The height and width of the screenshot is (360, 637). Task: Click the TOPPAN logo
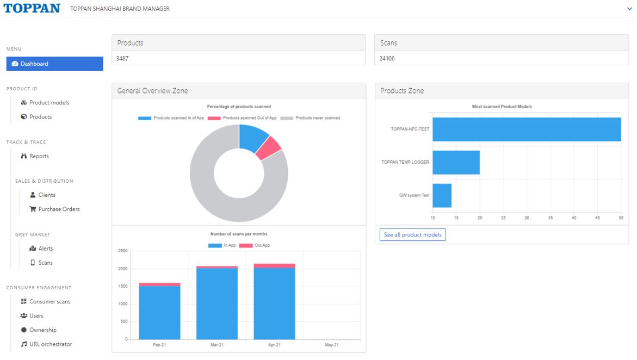pos(32,8)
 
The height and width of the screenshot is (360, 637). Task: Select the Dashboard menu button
pos(54,64)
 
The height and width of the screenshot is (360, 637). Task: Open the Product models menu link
pos(45,102)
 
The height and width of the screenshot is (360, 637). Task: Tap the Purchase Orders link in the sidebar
pos(54,209)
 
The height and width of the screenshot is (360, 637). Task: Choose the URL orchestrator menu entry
pos(46,344)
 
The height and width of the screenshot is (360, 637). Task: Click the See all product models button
pos(413,234)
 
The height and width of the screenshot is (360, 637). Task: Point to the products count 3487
pos(122,59)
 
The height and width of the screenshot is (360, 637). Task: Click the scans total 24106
pos(387,59)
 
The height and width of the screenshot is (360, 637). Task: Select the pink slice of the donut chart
pos(269,148)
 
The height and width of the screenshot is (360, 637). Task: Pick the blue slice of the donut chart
pos(252,138)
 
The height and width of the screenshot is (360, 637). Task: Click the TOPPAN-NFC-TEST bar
pos(527,129)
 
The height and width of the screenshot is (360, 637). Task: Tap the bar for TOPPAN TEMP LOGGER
pos(456,163)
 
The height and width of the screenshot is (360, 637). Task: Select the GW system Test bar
pos(442,195)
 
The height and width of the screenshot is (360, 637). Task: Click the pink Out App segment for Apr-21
pos(275,266)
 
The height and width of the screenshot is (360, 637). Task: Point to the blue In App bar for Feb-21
pos(159,313)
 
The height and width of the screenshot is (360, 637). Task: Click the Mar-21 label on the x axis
pos(217,345)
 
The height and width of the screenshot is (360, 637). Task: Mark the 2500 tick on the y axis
pos(123,251)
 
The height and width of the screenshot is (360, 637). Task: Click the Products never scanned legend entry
pos(311,118)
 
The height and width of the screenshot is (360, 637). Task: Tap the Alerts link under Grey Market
pos(41,249)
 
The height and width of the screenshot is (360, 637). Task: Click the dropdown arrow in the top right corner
pos(629,9)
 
